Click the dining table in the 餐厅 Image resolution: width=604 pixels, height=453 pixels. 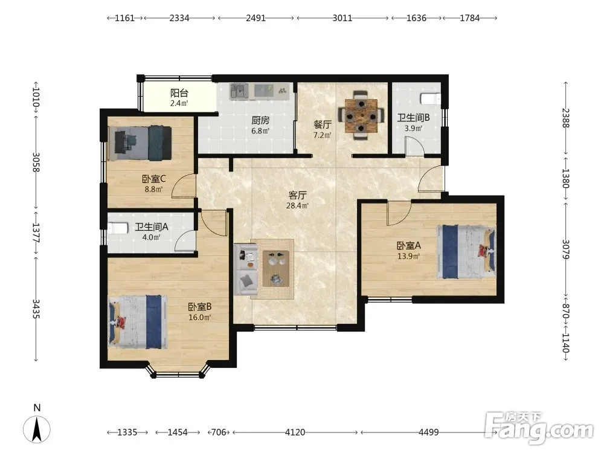point(361,114)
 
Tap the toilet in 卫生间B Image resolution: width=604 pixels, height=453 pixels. point(430,98)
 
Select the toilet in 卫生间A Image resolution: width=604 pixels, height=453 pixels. point(118,228)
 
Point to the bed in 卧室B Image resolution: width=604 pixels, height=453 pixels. point(138,322)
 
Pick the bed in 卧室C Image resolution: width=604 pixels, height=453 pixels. point(140,143)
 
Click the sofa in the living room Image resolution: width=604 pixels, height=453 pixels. point(246,269)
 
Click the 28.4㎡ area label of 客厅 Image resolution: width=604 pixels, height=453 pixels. point(297,206)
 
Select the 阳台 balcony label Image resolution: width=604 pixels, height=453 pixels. point(179,93)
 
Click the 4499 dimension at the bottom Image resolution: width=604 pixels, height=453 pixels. point(428,432)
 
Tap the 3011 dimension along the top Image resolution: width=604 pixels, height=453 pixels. point(342,18)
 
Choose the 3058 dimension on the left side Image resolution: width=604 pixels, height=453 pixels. point(36,162)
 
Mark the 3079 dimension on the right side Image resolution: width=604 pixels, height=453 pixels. point(565,249)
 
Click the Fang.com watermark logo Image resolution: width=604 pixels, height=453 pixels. point(539,428)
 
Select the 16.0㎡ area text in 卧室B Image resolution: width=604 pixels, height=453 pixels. point(199,318)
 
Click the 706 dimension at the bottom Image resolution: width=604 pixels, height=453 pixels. point(219,432)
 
